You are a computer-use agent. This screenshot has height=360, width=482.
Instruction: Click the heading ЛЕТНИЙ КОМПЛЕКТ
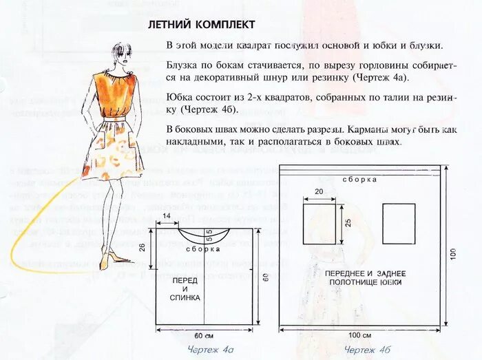point(202,25)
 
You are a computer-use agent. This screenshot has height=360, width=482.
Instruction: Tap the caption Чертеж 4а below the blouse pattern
point(211,350)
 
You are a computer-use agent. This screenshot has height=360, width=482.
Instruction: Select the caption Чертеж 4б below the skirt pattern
point(368,350)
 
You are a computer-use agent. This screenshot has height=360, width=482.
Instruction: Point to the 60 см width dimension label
point(204,336)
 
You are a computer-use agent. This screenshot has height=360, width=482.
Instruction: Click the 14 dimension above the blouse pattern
point(166,218)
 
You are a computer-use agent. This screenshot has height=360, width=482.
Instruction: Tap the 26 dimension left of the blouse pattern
point(142,247)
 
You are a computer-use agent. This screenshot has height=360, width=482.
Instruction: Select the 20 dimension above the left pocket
point(319,192)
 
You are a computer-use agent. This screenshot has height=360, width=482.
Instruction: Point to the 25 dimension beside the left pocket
point(348,223)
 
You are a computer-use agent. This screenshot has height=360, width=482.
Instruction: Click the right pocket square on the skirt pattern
point(399,223)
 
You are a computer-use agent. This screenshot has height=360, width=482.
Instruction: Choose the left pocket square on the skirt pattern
point(319,223)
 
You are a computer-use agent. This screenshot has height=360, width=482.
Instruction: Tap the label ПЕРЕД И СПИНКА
point(186,289)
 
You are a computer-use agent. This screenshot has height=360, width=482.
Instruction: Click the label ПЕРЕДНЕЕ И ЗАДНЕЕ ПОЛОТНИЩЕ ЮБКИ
point(365,278)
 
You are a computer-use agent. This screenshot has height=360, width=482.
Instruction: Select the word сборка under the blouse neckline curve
point(198,249)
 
